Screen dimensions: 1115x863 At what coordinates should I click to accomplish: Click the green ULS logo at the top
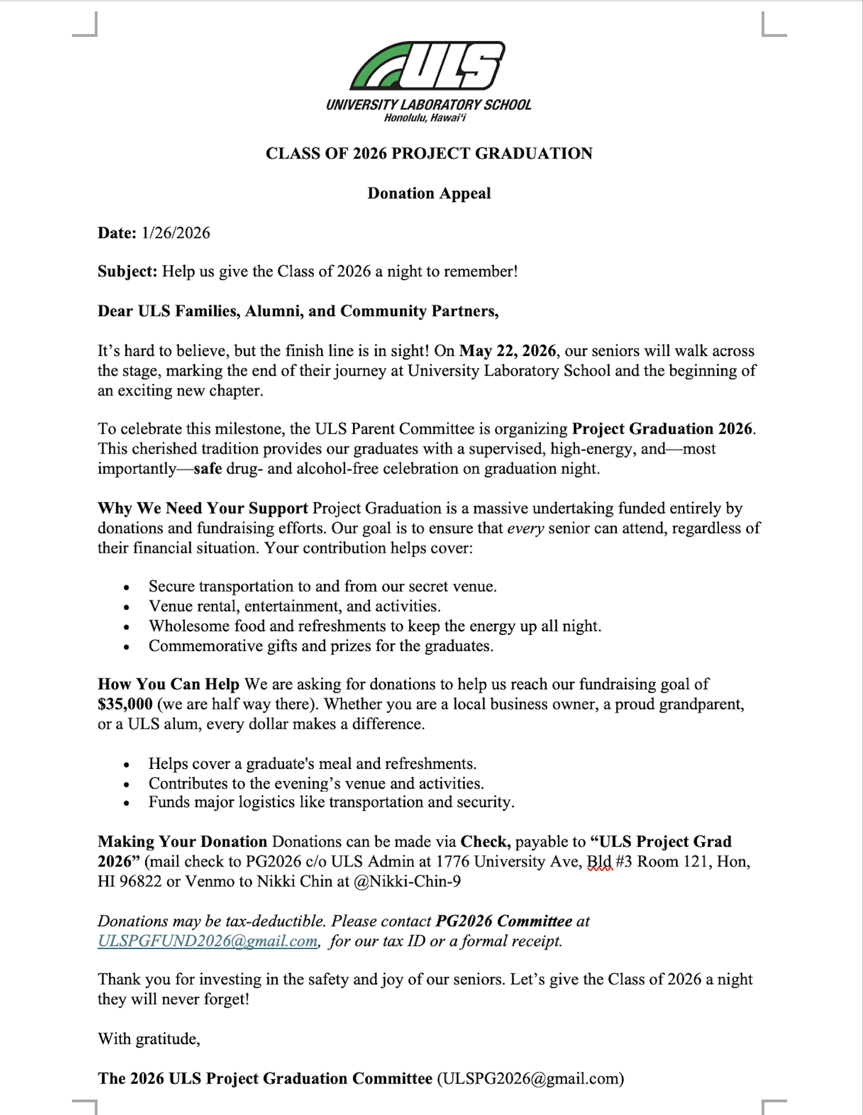tap(427, 66)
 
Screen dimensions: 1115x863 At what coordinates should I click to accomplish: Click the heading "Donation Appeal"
tap(429, 193)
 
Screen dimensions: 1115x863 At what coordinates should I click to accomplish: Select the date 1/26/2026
tap(176, 233)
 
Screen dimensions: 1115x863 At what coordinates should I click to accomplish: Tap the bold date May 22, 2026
tap(508, 351)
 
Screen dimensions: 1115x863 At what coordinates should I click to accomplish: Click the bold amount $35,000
tap(125, 704)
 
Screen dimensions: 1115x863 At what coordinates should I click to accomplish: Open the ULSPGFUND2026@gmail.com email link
tap(207, 941)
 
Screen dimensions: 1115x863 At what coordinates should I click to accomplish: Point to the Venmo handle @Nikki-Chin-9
tap(407, 882)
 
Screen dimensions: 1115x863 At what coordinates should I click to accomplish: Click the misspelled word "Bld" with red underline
tap(599, 862)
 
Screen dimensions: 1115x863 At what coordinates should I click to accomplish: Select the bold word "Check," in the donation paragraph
tap(486, 842)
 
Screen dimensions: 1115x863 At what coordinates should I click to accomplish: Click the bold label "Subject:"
tap(127, 272)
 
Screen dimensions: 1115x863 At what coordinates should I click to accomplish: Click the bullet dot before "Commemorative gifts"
tap(127, 648)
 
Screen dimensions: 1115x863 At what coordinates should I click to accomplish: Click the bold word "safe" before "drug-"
tap(207, 469)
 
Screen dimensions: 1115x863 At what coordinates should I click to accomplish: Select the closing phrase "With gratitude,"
tap(149, 1039)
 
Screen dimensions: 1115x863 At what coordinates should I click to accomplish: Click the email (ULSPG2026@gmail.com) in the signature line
tap(530, 1079)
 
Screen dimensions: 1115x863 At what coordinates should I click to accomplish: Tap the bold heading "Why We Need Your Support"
tap(203, 509)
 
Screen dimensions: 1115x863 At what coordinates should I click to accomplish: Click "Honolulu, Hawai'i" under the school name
tap(425, 118)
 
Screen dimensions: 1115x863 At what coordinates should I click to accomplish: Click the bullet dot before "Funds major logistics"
tap(127, 804)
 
